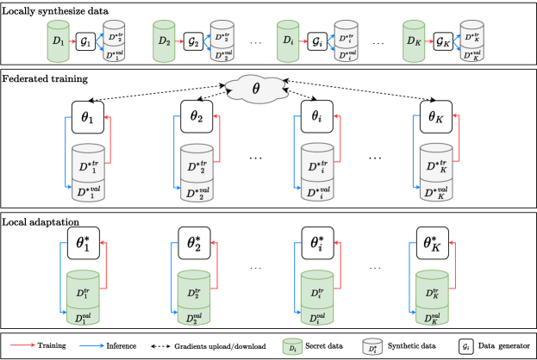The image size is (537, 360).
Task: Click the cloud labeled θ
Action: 255,87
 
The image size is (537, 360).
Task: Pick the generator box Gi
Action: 316,41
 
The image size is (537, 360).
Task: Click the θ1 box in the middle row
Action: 87,116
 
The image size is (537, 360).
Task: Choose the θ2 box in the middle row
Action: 196,116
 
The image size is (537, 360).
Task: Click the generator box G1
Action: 84,41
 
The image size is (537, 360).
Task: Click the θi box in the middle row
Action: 316,116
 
